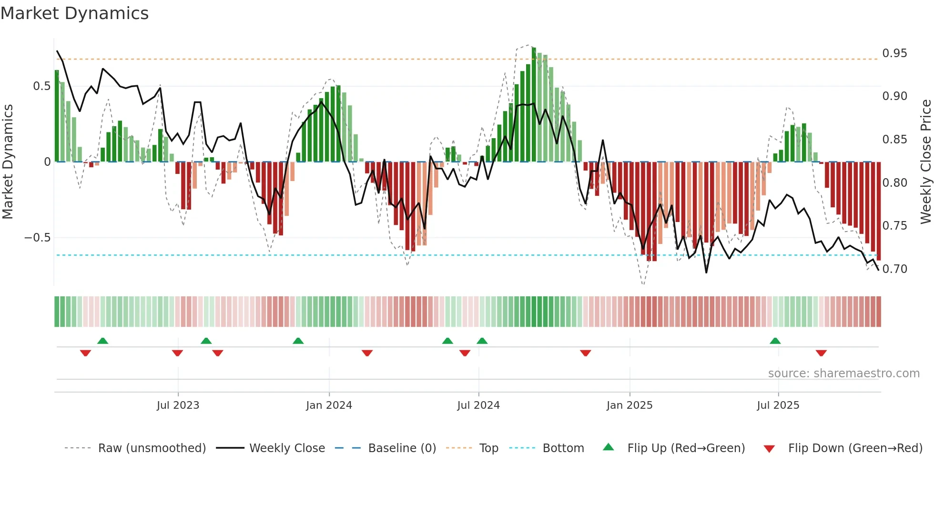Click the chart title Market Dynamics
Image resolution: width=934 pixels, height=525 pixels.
(74, 13)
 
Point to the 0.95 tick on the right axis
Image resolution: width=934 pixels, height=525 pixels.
(894, 53)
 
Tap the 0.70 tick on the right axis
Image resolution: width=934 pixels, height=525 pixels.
(894, 269)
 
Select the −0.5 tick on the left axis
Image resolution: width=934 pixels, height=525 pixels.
(38, 238)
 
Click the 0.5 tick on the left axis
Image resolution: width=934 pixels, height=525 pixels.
(41, 86)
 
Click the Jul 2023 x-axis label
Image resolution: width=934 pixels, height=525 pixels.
(178, 405)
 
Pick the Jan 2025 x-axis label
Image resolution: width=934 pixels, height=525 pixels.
(629, 405)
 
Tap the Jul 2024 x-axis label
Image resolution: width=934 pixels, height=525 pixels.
(478, 405)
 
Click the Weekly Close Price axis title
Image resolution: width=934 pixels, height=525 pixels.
(925, 162)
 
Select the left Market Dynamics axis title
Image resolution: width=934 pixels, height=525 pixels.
(8, 162)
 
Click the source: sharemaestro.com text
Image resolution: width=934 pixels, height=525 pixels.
(843, 374)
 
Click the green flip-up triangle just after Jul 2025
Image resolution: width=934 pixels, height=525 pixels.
(775, 341)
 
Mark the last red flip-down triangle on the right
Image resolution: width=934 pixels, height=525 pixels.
(821, 353)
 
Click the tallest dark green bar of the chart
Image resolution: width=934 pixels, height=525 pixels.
(534, 105)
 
